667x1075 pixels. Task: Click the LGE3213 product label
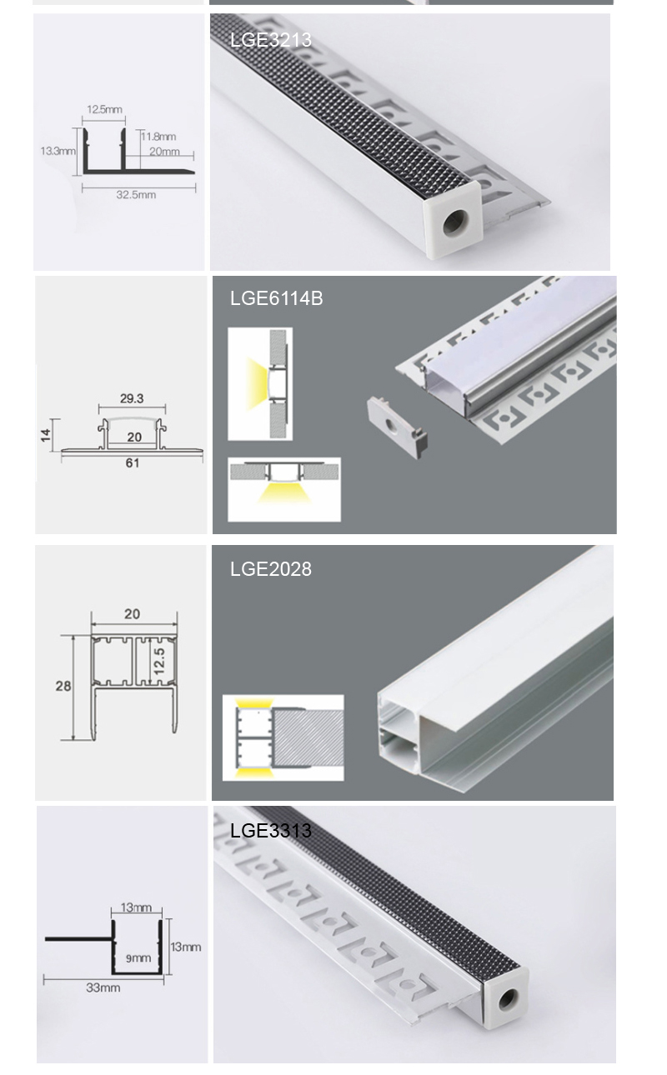tap(271, 40)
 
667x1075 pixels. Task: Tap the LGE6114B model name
tap(277, 298)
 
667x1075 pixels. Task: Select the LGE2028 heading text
tap(271, 569)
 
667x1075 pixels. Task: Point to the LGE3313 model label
tap(271, 831)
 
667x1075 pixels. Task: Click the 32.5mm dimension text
tap(136, 195)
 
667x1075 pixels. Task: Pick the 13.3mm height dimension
tap(58, 151)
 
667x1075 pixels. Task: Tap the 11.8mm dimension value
tap(158, 137)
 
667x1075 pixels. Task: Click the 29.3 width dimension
tap(132, 398)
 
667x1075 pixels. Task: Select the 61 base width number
tap(133, 463)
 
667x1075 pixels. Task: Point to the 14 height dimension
tap(46, 435)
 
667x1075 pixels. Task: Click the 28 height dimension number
tap(63, 687)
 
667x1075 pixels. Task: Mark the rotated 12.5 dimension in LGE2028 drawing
tap(159, 661)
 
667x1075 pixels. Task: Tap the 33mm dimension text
tap(103, 987)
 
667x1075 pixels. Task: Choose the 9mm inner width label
tap(138, 958)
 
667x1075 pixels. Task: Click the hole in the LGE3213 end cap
tap(454, 223)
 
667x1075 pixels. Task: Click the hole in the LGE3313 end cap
tap(509, 1000)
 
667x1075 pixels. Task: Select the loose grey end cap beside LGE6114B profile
tap(397, 427)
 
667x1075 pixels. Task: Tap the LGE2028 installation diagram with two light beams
tap(283, 737)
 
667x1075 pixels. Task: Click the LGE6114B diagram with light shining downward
tap(284, 489)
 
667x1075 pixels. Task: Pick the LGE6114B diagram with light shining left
tap(260, 384)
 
